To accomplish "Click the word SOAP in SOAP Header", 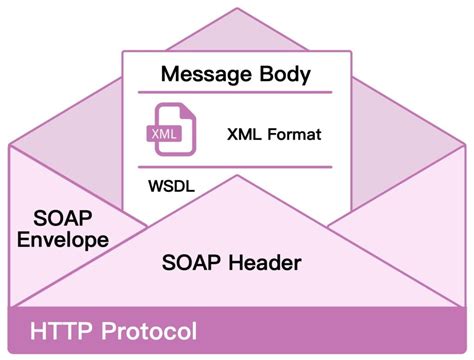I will [192, 263].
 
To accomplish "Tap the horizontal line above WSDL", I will [237, 168].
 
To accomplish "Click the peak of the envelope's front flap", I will [237, 176].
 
